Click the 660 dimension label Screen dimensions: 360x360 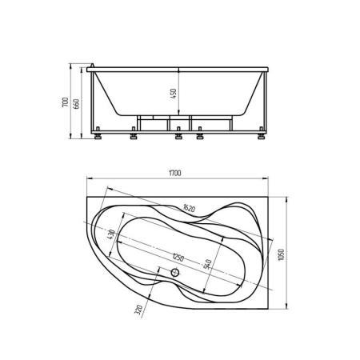[x=78, y=104]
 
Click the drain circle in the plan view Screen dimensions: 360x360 [x=177, y=272]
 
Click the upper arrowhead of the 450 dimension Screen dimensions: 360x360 [x=180, y=68]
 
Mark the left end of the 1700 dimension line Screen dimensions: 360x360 [x=82, y=176]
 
